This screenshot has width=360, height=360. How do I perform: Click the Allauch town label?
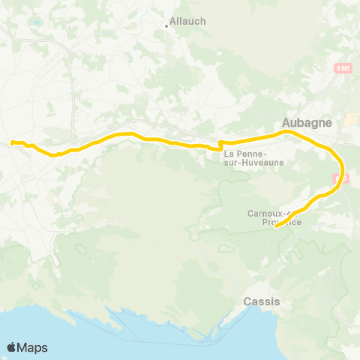click(188, 22)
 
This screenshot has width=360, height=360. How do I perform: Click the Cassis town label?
click(262, 301)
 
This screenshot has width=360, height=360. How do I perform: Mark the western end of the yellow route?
click(12, 142)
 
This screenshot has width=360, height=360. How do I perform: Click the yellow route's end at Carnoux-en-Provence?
click(277, 226)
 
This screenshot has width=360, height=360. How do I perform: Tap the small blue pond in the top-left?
click(37, 22)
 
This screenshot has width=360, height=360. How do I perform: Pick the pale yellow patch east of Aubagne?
click(349, 120)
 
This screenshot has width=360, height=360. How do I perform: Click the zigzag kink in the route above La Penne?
click(220, 144)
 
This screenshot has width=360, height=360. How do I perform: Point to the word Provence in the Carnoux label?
click(283, 222)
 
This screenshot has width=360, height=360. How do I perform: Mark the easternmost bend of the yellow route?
click(342, 166)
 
